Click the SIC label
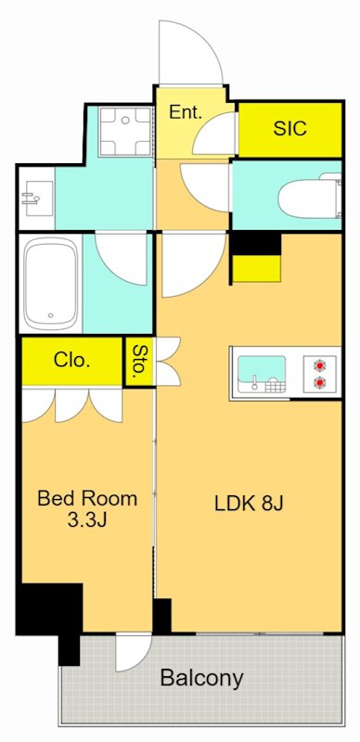pyautogui.click(x=289, y=128)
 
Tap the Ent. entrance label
pyautogui.click(x=186, y=112)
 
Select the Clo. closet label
pyautogui.click(x=72, y=361)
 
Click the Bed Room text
pyautogui.click(x=87, y=499)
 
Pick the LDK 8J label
pyautogui.click(x=249, y=504)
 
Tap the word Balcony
pyautogui.click(x=201, y=678)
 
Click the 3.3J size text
pyautogui.click(x=87, y=520)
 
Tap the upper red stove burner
pyautogui.click(x=320, y=365)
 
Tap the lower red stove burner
pyautogui.click(x=320, y=381)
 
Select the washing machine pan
pyautogui.click(x=125, y=132)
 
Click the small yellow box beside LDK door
pyautogui.click(x=257, y=269)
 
